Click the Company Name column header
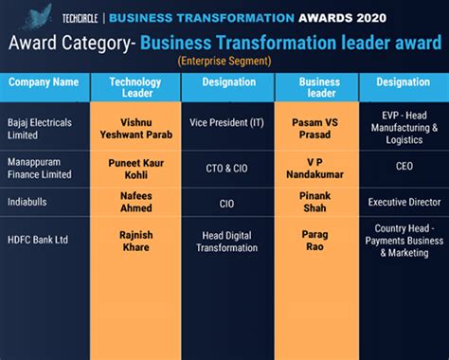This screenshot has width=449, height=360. pyautogui.click(x=44, y=82)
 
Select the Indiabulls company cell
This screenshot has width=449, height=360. pyautogui.click(x=29, y=203)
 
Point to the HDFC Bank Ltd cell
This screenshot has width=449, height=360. pyautogui.click(x=39, y=240)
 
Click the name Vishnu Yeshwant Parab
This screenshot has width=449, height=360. pyautogui.click(x=135, y=129)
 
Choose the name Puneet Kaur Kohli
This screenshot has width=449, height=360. pyautogui.click(x=135, y=168)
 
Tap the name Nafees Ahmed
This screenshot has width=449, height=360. pyautogui.click(x=135, y=203)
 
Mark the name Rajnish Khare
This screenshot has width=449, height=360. pyautogui.click(x=135, y=240)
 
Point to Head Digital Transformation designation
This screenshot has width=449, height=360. pyautogui.click(x=226, y=241)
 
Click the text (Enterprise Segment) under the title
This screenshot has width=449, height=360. pyautogui.click(x=224, y=61)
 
